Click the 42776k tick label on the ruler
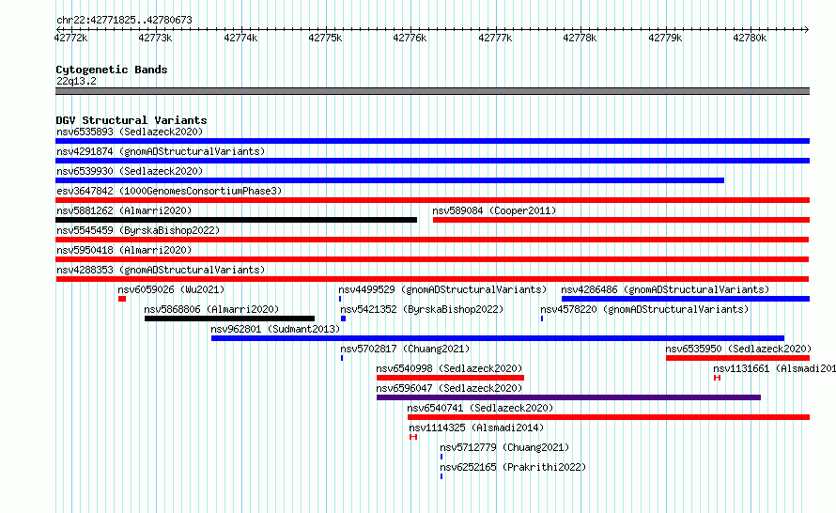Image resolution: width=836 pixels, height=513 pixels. [410, 38]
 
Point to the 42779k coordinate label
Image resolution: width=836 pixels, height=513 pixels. [665, 38]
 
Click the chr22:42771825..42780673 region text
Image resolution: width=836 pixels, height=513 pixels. [124, 21]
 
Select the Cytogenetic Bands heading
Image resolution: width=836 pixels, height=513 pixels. [112, 70]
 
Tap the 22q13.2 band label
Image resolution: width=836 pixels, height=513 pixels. [76, 81]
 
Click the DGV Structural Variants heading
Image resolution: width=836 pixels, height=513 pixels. [132, 120]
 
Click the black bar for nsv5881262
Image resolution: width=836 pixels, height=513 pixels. [236, 220]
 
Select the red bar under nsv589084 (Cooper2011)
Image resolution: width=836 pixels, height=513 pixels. [621, 220]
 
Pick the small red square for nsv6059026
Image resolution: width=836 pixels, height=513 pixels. [122, 299]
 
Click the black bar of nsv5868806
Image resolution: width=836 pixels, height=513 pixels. [229, 319]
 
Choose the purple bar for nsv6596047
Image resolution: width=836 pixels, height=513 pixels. [568, 397]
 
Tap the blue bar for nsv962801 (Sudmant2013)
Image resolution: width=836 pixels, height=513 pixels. [498, 338]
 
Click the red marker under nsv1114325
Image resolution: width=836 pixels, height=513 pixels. [413, 437]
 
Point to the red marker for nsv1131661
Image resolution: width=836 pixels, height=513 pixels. [717, 378]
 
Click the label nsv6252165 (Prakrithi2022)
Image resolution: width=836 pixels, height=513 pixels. [513, 467]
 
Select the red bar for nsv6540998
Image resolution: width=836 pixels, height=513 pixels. [450, 378]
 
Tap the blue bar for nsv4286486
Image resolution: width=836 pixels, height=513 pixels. [686, 299]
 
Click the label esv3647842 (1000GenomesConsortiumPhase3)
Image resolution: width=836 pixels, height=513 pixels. [169, 191]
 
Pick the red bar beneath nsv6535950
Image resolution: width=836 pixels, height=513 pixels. [738, 358]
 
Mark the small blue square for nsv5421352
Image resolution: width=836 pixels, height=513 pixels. [344, 319]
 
